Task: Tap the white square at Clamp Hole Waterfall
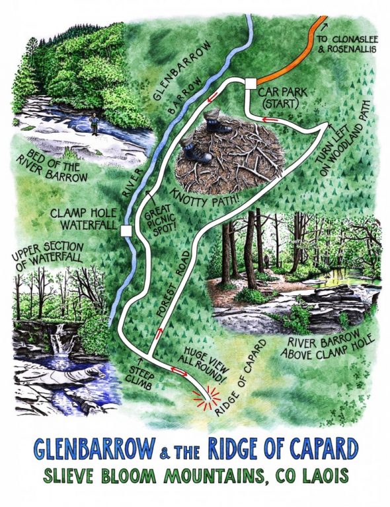click(126, 230)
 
